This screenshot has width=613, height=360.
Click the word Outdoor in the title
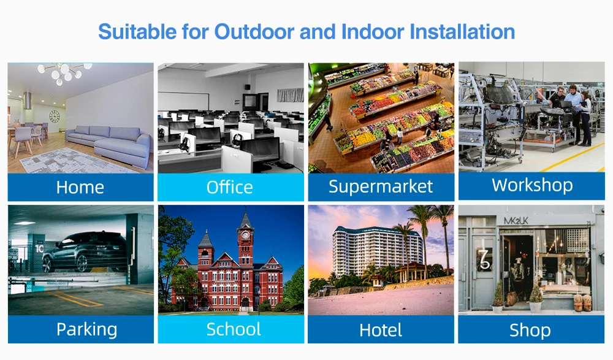[254, 32]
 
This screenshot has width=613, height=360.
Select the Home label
[80, 188]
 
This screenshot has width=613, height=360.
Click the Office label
[230, 188]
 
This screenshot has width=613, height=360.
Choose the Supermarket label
[381, 186]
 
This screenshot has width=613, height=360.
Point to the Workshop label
[532, 185]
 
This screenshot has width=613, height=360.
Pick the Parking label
[87, 329]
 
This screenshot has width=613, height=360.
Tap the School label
[234, 329]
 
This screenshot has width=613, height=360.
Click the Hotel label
[381, 331]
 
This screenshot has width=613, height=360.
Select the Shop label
[530, 331]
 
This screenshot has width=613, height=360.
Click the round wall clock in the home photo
[55, 116]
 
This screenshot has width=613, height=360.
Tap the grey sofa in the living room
[109, 144]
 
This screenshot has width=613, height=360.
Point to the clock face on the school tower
[245, 235]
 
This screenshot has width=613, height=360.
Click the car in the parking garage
[83, 251]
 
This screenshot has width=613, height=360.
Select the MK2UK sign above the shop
[516, 221]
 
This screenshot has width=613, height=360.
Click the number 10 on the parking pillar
[39, 248]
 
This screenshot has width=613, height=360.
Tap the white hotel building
[377, 250]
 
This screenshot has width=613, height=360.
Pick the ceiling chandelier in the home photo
[64, 73]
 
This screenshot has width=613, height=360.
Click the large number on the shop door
[485, 259]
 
